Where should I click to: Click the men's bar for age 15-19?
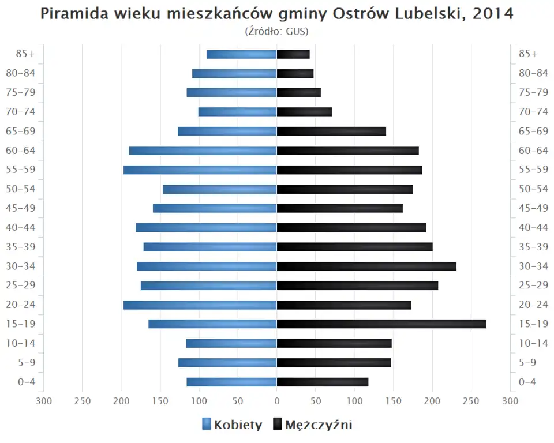(381, 324)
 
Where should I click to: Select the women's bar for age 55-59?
(200, 170)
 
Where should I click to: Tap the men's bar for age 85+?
(293, 54)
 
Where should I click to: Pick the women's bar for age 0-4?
(231, 382)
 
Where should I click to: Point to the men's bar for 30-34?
(366, 266)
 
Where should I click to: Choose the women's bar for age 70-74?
(237, 112)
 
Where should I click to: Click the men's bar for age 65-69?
(331, 131)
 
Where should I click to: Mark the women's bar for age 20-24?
(200, 305)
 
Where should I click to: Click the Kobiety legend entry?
(232, 425)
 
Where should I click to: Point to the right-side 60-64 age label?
(533, 151)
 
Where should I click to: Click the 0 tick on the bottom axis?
(276, 401)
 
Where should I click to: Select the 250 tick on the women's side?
(82, 401)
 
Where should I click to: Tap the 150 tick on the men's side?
(394, 401)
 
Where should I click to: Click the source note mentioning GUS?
(276, 31)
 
